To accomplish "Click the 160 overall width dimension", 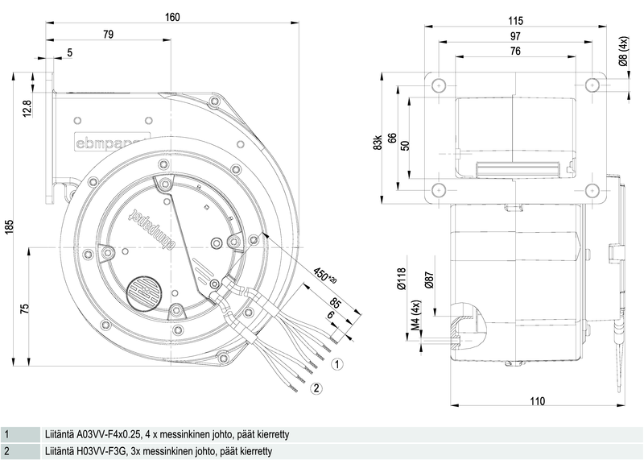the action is (172, 17).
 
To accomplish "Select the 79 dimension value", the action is (108, 34).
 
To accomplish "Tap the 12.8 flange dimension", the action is (27, 109).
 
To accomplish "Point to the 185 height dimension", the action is (9, 227).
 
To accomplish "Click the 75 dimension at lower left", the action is (25, 309).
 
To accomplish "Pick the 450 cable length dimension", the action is (325, 276).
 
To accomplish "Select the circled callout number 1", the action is (336, 364).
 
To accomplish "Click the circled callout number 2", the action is (316, 387).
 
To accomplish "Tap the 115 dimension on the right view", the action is (515, 21).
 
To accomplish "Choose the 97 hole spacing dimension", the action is (515, 36).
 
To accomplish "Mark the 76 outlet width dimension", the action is (515, 51).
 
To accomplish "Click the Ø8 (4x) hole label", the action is (623, 52).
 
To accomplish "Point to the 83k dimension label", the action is (378, 142).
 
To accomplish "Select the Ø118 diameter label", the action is (401, 279).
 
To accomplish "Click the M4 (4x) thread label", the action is (415, 315).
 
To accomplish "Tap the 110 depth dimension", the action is (537, 401).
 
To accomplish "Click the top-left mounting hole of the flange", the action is (439, 85).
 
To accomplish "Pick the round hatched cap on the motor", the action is (143, 292).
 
